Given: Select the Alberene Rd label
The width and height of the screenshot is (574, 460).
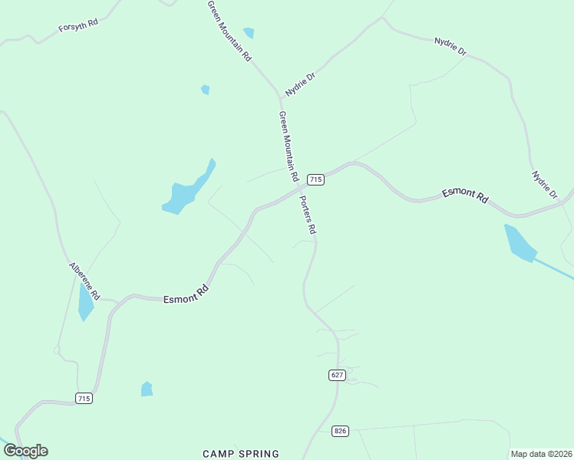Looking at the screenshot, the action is pyautogui.click(x=84, y=281).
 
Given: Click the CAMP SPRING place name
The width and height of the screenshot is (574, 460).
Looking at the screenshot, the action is pyautogui.click(x=241, y=454).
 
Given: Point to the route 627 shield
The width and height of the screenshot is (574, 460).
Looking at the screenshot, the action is pyautogui.click(x=338, y=375).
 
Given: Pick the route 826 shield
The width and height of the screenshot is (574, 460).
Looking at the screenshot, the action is pyautogui.click(x=341, y=431).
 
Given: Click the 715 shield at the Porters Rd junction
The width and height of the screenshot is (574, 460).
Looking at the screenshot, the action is pyautogui.click(x=315, y=179).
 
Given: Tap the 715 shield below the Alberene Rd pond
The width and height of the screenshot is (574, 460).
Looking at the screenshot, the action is pyautogui.click(x=84, y=398).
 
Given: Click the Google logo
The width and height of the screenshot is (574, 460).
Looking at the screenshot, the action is pyautogui.click(x=25, y=451).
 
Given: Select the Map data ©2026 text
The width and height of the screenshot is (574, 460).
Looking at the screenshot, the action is pyautogui.click(x=541, y=454).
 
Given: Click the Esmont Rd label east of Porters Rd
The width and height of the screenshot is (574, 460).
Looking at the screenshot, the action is pyautogui.click(x=465, y=195).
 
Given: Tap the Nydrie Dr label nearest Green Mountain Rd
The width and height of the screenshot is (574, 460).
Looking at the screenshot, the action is pyautogui.click(x=300, y=84).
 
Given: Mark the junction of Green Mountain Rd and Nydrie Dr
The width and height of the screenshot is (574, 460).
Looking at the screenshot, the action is pyautogui.click(x=280, y=97).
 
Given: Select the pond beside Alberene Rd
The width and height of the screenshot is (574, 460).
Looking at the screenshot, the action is pyautogui.click(x=84, y=302).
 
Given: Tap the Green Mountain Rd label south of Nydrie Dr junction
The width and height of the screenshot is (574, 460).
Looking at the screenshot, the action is pyautogui.click(x=289, y=146).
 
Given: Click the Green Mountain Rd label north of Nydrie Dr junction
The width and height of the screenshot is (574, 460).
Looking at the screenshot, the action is pyautogui.click(x=229, y=31).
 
